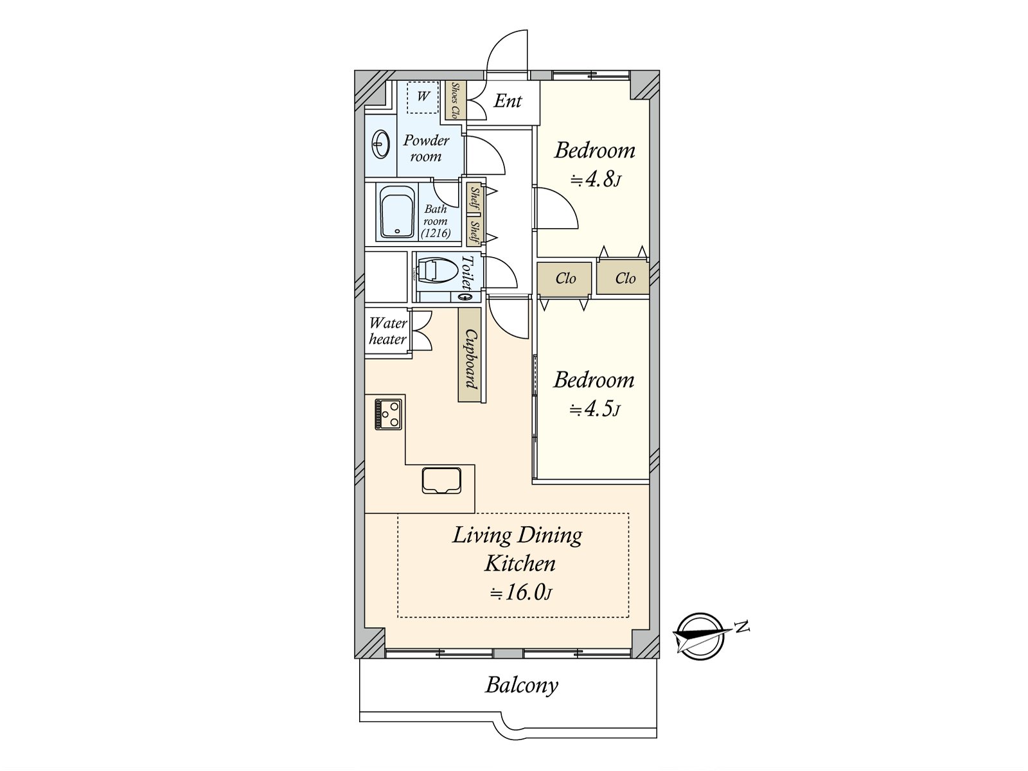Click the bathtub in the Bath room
coord(396,212)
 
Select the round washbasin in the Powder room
coord(380,145)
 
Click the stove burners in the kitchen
coord(389,414)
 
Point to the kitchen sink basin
coord(441,481)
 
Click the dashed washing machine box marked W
coord(423,97)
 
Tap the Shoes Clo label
coord(455,102)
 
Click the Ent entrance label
coord(508,101)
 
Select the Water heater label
coord(387,331)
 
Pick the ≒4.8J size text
coord(596,179)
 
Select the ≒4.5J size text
coord(594,409)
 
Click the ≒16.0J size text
coord(520,592)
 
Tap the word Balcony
coord(521,685)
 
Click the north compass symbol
coord(700,635)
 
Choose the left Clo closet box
coord(565,278)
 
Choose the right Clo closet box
coord(624,278)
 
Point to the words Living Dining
coord(517,535)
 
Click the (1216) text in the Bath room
coord(436,233)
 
